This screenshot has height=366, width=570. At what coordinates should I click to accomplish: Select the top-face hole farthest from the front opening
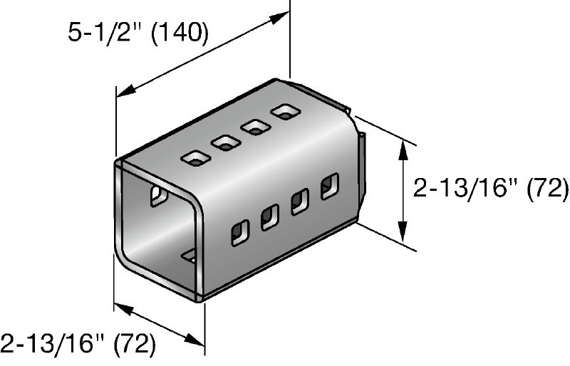click(x=286, y=112)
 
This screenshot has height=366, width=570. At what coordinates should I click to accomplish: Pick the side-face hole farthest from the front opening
click(x=330, y=187)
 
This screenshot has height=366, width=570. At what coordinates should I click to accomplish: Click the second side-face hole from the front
click(x=270, y=216)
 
